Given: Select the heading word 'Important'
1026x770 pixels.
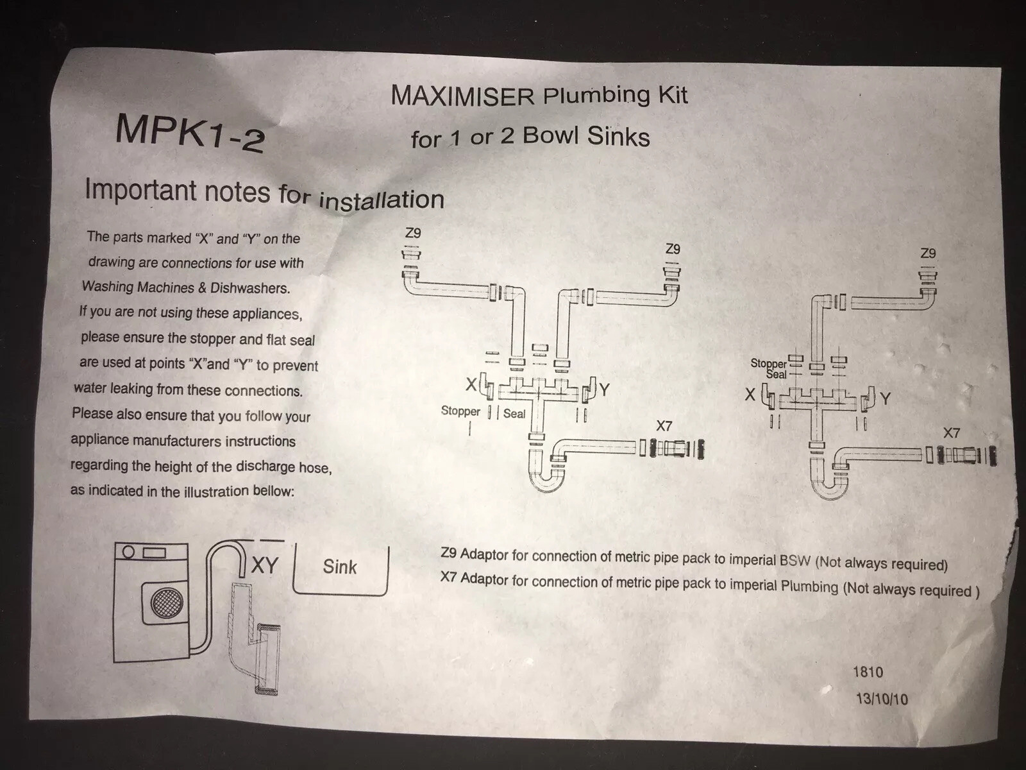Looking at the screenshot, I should tap(140, 190).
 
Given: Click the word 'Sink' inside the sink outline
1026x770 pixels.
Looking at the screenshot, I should tap(340, 567).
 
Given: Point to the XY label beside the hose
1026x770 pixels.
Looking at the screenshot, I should tap(264, 565).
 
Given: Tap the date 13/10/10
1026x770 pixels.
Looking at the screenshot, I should tap(882, 699).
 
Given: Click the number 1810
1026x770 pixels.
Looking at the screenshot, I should tap(868, 672).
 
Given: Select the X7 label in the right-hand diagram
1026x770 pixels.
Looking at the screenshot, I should tap(952, 433).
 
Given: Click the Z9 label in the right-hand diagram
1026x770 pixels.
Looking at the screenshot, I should tap(928, 253).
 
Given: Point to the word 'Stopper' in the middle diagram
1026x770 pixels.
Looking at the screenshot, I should tap(460, 411).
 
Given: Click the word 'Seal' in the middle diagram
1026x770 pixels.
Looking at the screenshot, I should tap(514, 414).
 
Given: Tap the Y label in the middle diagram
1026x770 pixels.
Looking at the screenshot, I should tap(604, 389).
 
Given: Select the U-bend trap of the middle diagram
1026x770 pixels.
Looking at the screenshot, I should tap(546, 478).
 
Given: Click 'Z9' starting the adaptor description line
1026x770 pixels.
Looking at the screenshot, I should tap(449, 553).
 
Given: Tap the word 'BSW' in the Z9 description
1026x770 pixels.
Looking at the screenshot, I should tap(795, 560).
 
